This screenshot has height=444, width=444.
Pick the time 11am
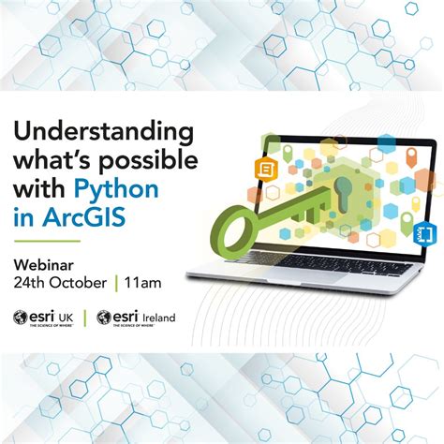click(x=141, y=280)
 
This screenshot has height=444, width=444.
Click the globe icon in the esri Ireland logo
click(x=105, y=318)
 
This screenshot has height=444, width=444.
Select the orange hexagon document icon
click(x=266, y=169)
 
